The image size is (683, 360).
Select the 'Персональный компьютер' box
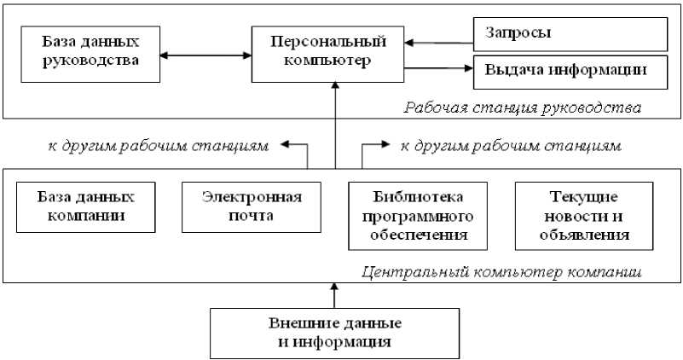328,53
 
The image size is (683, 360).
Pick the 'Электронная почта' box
252,206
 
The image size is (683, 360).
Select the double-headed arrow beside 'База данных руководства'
205,56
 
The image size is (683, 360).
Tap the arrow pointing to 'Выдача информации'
438,67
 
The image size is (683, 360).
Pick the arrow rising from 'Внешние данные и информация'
335,295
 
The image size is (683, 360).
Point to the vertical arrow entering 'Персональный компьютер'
335,119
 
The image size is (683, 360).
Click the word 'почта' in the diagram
252,215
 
